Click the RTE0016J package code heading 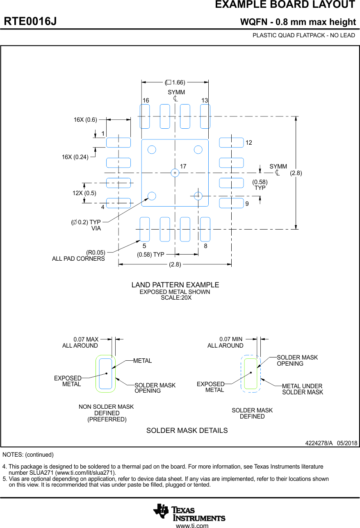(x=30, y=22)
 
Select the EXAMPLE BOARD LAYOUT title (x=285, y=5)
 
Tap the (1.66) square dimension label (x=175, y=82)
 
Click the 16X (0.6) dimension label (x=85, y=120)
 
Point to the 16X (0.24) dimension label (x=75, y=157)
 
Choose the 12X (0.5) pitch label (x=84, y=193)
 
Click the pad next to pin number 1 (x=118, y=143)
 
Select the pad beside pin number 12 (x=231, y=143)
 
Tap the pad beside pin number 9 (x=231, y=203)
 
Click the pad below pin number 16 (x=145, y=116)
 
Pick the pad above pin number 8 (x=205, y=229)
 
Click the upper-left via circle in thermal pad (x=152, y=150)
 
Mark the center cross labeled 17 (x=175, y=173)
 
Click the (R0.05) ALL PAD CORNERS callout (x=78, y=255)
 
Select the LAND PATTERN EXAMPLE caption (x=175, y=285)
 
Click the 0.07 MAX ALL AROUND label (x=80, y=342)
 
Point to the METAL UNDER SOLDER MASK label (x=303, y=389)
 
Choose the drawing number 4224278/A (x=319, y=443)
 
